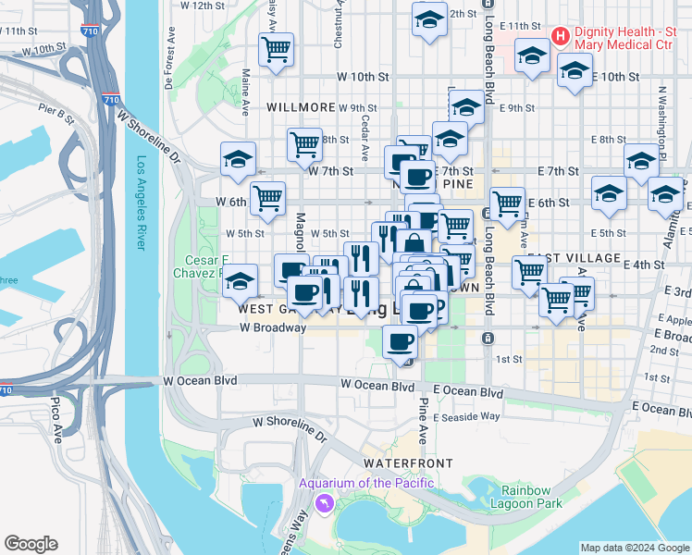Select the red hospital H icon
coord(560,36)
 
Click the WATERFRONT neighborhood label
coord(408,462)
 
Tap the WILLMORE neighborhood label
coord(300,107)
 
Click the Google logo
coord(31,544)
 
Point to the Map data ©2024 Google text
coord(634,548)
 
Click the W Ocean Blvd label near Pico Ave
coord(199,380)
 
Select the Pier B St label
coord(56,115)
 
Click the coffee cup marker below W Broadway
coord(400,341)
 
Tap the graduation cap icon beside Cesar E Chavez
coord(240,279)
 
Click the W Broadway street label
coord(272,327)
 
